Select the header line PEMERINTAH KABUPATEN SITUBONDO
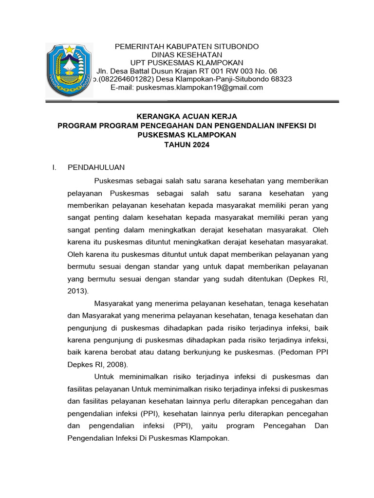point(187,46)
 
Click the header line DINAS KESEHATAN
point(187,54)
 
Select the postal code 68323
point(280,79)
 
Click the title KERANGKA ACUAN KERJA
point(187,116)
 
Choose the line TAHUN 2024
point(187,144)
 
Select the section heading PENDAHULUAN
point(96,167)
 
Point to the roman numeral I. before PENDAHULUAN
point(55,167)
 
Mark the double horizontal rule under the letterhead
point(192,102)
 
